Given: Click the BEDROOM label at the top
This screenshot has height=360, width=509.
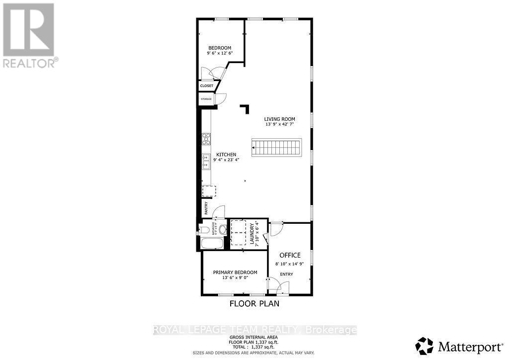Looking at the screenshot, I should pos(220,48).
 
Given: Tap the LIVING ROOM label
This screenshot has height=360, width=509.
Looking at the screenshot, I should pos(279,119).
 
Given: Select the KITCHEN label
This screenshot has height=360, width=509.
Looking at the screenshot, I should pos(226,155).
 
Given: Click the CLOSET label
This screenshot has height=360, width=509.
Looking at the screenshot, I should pos(206,86).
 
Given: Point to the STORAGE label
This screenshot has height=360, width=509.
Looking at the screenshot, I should pos(206,99).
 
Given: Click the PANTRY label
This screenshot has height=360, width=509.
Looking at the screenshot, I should pos(205,207).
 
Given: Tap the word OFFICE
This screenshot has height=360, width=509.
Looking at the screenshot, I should pos(290,255).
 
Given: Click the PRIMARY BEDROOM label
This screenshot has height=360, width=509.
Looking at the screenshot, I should pos(235,272).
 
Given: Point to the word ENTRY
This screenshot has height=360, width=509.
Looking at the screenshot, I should pos(286,274).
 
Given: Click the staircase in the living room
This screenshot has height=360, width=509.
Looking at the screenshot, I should pos(277,148).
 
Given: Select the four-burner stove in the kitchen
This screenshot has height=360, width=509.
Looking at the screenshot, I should pos(206,139).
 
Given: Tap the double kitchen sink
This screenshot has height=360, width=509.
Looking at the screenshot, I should pos(206,161).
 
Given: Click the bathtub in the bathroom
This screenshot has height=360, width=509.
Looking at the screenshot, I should pos(212,244).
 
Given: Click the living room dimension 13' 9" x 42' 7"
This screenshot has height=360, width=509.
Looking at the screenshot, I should pos(279,125).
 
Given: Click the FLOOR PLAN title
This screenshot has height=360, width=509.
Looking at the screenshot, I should pos(254,303).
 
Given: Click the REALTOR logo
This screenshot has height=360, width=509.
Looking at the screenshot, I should pos(29,35).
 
